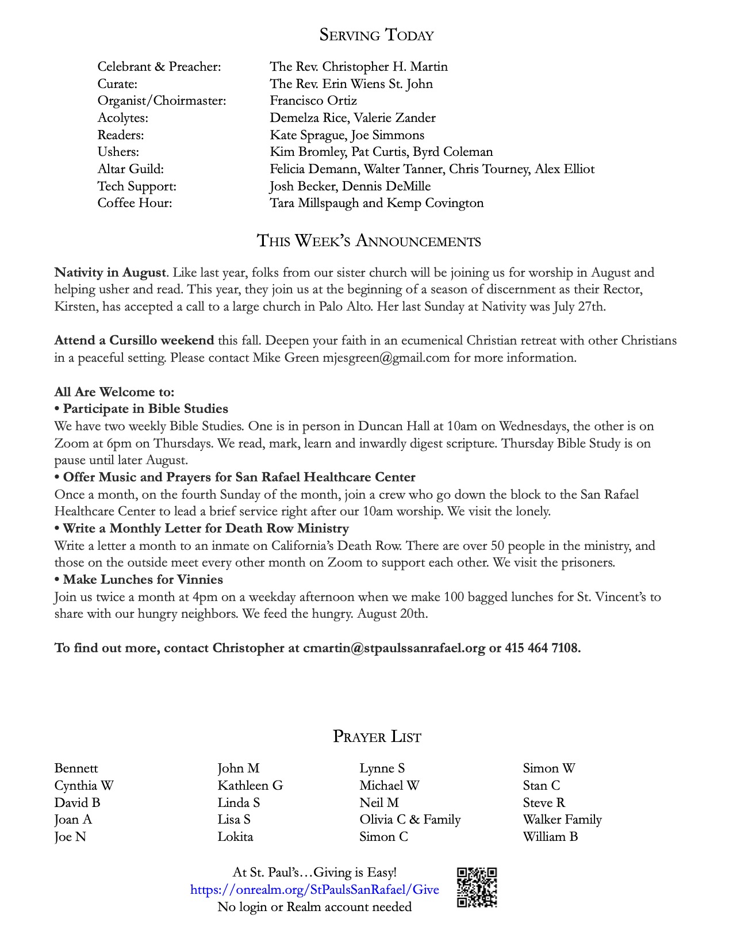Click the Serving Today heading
[x=376, y=36]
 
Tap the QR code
[x=477, y=887]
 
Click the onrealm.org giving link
[x=314, y=890]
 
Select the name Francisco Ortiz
[x=313, y=101]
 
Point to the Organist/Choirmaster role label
[x=162, y=101]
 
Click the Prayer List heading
[x=377, y=737]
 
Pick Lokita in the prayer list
[x=235, y=837]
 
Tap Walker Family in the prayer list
[x=562, y=820]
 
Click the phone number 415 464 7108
[x=542, y=648]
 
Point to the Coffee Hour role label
[x=135, y=203]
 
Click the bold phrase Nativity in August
[x=110, y=273]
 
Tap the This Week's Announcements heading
[x=369, y=241]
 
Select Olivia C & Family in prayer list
[x=410, y=820]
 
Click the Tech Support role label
[x=137, y=186]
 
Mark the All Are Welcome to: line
[x=114, y=392]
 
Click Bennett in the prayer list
[x=76, y=768]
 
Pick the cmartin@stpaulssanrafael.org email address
[x=394, y=648]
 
